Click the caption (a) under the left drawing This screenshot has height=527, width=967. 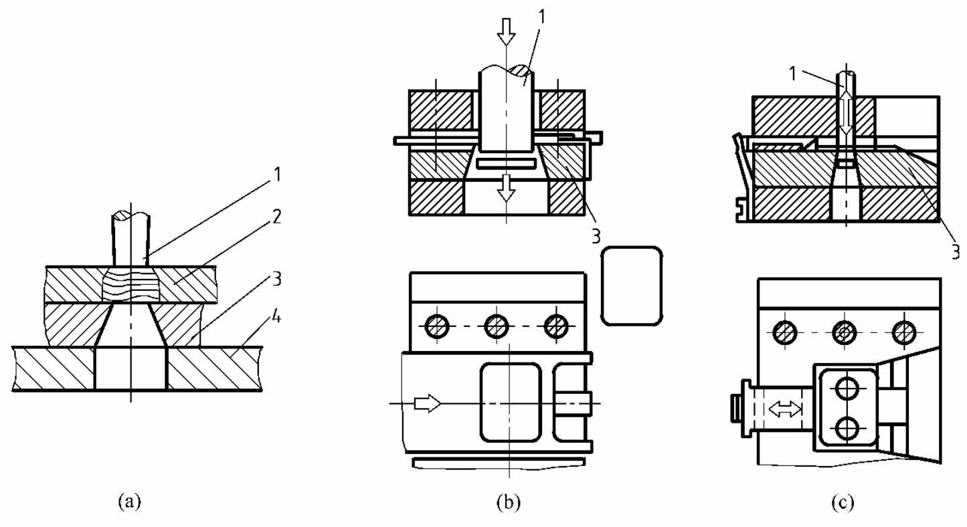click(130, 502)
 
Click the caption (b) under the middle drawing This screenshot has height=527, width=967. click(509, 502)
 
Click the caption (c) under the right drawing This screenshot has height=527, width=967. click(843, 502)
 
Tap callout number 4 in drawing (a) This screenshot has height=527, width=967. click(276, 318)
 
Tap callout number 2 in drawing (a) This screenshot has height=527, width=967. click(277, 217)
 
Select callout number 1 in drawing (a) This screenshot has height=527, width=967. click(277, 175)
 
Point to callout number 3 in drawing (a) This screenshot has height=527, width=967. click(277, 279)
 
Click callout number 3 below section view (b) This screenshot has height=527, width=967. click(596, 236)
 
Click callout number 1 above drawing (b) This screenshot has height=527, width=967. click(542, 17)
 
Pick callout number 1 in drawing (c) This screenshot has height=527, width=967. click(792, 74)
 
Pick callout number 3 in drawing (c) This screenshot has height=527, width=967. click(956, 251)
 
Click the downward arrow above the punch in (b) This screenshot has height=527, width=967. click(506, 32)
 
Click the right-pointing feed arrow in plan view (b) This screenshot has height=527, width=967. click(428, 403)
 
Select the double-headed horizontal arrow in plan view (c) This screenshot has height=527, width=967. click(785, 409)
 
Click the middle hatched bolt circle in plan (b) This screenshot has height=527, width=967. click(496, 326)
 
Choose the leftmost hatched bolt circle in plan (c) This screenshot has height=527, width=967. click(784, 332)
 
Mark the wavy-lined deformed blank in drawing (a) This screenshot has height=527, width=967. click(130, 284)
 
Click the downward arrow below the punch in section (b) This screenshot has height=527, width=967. click(506, 188)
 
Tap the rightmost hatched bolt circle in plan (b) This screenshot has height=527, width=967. click(556, 326)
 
